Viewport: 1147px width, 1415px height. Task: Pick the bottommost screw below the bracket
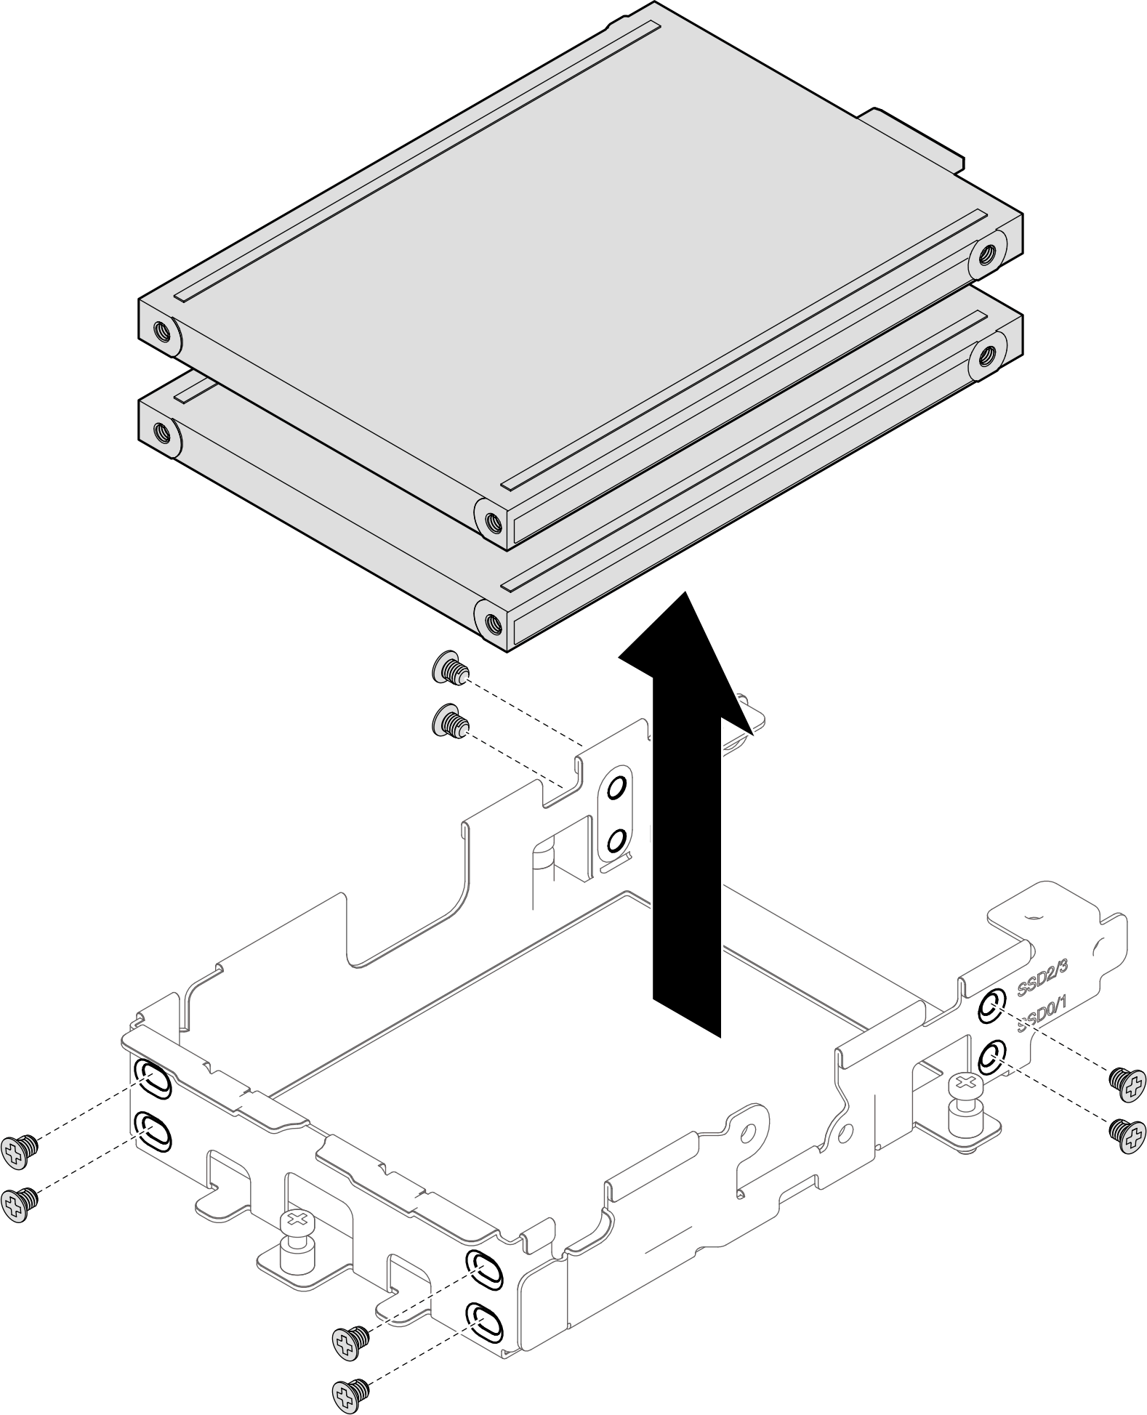(350, 1391)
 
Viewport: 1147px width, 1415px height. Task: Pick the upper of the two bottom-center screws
(350, 1337)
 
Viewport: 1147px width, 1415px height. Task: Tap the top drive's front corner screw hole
(492, 520)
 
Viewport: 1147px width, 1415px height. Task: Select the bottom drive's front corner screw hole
(492, 623)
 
